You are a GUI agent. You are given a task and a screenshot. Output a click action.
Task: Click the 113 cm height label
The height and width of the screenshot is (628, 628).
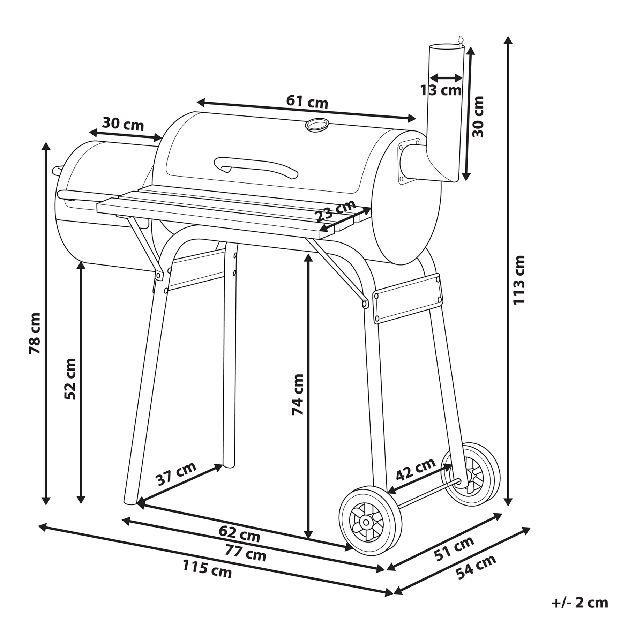(x=519, y=280)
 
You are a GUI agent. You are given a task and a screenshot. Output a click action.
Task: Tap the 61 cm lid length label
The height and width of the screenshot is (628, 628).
(x=307, y=102)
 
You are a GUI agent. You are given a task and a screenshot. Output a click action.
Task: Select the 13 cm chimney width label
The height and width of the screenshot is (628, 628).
(x=441, y=90)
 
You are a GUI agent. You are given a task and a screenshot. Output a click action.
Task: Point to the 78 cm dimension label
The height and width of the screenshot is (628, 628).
(x=35, y=334)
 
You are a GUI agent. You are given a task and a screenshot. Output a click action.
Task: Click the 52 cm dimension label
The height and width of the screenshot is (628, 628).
(x=70, y=379)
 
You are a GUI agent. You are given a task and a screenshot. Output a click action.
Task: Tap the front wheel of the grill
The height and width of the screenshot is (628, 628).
(x=370, y=522)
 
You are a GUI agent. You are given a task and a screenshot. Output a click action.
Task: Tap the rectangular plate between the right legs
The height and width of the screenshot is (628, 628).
(x=408, y=299)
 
